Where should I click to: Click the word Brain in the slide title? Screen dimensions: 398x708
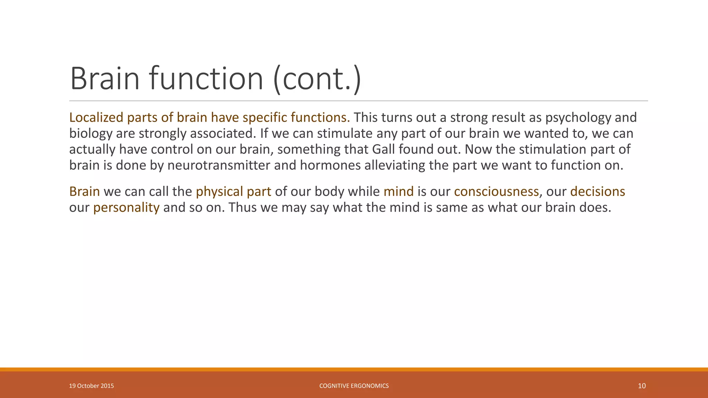pyautogui.click(x=104, y=79)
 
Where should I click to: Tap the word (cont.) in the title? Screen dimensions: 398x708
pyautogui.click(x=317, y=79)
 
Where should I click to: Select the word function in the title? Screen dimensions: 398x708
pyautogui.click(x=206, y=79)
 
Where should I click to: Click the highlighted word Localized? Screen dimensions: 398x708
pyautogui.click(x=96, y=118)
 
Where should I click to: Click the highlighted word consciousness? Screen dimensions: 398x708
pyautogui.click(x=496, y=192)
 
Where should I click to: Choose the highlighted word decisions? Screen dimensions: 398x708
pyautogui.click(x=597, y=192)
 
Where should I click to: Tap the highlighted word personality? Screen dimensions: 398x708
pyautogui.click(x=126, y=208)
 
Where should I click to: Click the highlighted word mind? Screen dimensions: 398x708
pyautogui.click(x=398, y=192)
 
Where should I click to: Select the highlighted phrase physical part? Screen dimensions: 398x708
pyautogui.click(x=233, y=192)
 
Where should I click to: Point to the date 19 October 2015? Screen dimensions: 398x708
pyautogui.click(x=91, y=386)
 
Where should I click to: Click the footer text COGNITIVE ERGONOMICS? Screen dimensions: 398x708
pyautogui.click(x=354, y=386)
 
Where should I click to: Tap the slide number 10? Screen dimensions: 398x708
pyautogui.click(x=642, y=386)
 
